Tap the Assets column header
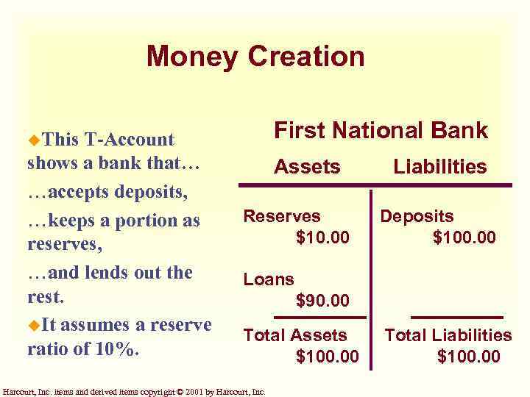307,167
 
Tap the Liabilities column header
440,167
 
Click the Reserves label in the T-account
282,216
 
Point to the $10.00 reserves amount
322,237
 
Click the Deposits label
417,216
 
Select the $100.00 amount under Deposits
464,237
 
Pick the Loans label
269,279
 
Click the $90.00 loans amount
322,300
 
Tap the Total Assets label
295,335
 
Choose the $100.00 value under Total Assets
327,357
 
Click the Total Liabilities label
448,335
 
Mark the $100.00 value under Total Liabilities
469,357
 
